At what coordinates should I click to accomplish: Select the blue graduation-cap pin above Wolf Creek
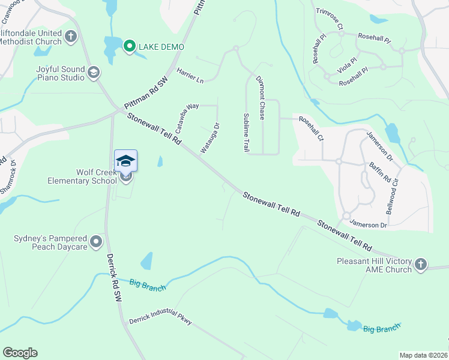tap(125, 161)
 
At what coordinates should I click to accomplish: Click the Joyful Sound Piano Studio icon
tap(94, 73)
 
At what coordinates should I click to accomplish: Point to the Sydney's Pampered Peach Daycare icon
tap(96, 243)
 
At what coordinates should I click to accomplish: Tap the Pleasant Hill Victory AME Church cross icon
tap(421, 265)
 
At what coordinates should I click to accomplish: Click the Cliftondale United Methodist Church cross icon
tap(71, 37)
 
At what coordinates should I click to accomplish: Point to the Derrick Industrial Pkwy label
tap(160, 317)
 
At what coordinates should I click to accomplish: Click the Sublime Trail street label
tap(246, 132)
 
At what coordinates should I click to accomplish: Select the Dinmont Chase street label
tap(260, 98)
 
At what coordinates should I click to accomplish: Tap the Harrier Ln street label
tap(190, 76)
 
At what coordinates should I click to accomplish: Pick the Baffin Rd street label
tap(380, 172)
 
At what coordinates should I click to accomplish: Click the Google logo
tap(20, 353)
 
